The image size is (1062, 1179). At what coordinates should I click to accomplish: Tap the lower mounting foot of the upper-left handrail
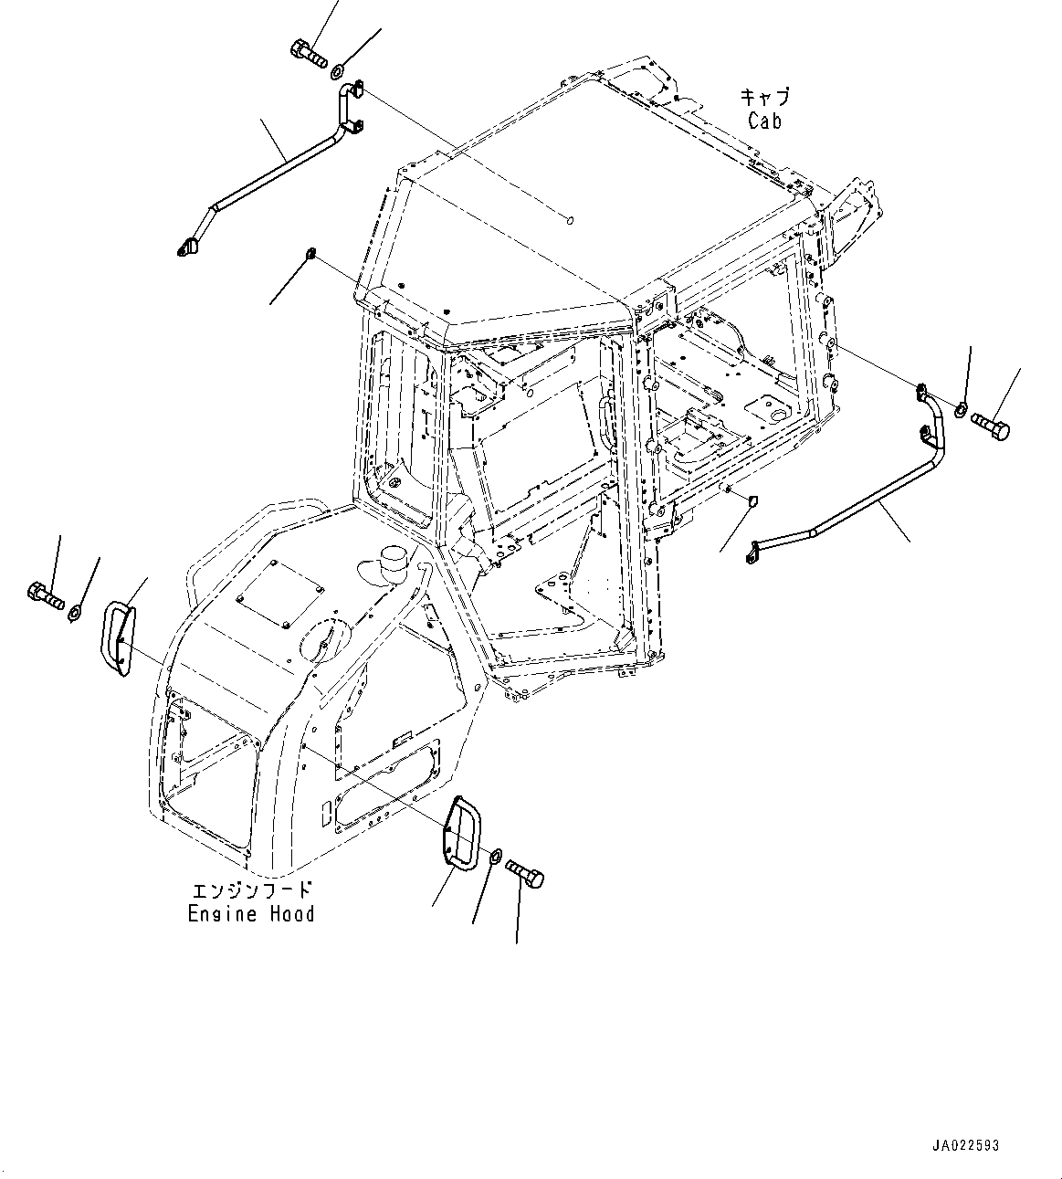point(188,245)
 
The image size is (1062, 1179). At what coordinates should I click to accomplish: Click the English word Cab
point(764,121)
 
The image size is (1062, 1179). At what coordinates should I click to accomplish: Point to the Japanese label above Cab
point(764,97)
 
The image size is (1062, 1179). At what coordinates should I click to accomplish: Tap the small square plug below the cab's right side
point(753,500)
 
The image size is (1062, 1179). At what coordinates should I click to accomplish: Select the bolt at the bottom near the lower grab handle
point(524,872)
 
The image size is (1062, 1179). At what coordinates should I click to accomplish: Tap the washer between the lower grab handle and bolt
point(494,856)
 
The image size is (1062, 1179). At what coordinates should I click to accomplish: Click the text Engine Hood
point(251,913)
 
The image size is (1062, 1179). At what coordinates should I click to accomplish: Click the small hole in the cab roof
point(570,219)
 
